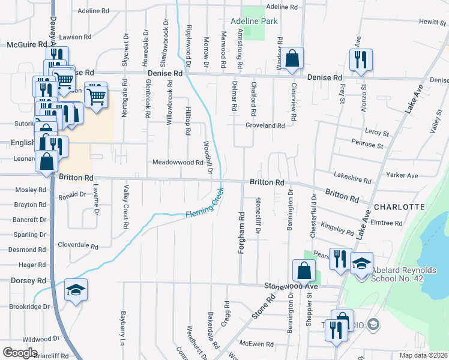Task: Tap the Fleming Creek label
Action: point(204,206)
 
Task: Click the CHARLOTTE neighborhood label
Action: point(399,206)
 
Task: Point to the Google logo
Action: point(20,353)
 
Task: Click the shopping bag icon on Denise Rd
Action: point(292,59)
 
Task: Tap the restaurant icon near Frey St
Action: point(361,59)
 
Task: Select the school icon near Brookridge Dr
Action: point(76,291)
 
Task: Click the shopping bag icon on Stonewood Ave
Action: point(304,271)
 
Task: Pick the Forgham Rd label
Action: point(241,233)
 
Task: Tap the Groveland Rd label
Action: point(264,125)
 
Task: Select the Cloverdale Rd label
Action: point(78,245)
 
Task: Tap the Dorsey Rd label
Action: point(28,280)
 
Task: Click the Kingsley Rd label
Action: point(337,229)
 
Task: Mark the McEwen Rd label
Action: point(256,344)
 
